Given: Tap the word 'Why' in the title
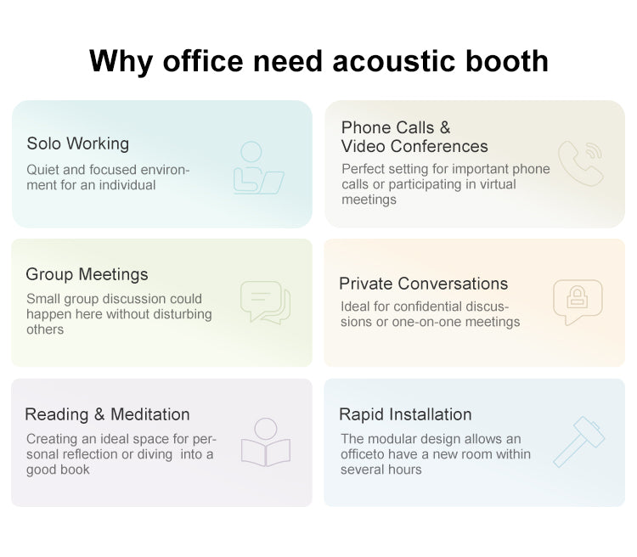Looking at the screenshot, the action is pyautogui.click(x=121, y=62).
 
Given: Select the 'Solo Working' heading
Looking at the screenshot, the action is pyautogui.click(x=78, y=143).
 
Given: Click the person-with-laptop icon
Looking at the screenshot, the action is pyautogui.click(x=258, y=168).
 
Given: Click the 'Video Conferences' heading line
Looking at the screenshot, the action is pyautogui.click(x=414, y=146).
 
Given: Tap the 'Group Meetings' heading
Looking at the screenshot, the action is pyautogui.click(x=87, y=274).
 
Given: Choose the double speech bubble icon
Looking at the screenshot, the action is pyautogui.click(x=265, y=302).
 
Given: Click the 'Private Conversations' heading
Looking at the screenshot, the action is pyautogui.click(x=423, y=284).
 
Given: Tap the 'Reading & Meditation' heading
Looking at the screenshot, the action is pyautogui.click(x=107, y=414).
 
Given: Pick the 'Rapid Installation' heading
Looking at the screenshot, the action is pyautogui.click(x=405, y=414).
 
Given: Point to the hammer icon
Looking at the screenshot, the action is pyautogui.click(x=578, y=443).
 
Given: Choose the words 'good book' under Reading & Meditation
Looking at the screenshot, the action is pyautogui.click(x=58, y=470).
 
